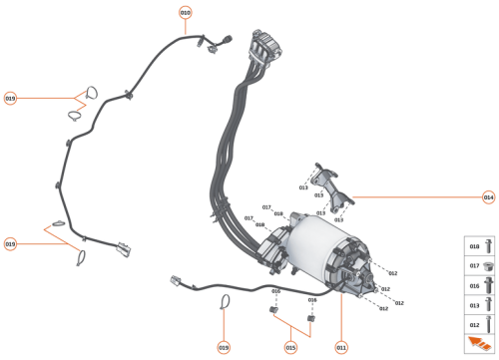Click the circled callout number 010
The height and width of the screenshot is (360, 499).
(185, 12)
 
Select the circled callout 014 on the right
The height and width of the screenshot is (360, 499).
(488, 196)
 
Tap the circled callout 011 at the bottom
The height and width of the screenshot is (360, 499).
(340, 347)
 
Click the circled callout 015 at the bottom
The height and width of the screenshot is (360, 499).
(290, 347)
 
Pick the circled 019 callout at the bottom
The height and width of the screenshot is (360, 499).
(224, 347)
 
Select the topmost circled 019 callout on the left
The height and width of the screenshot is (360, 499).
(10, 99)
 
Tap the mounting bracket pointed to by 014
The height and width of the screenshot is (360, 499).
(330, 189)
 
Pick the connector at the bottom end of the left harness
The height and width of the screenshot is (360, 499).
(123, 247)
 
